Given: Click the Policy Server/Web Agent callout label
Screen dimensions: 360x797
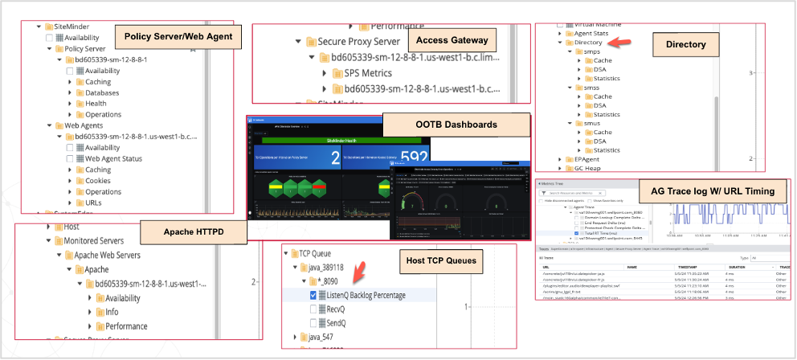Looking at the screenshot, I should click(x=178, y=37).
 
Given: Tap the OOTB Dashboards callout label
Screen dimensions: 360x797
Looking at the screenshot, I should click(x=456, y=125).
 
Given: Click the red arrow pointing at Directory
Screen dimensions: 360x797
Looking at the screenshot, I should click(x=617, y=43).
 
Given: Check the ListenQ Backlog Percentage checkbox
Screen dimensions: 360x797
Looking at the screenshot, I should click(x=314, y=295).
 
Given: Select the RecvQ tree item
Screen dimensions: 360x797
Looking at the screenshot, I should click(x=337, y=309).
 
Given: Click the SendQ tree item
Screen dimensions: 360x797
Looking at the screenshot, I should click(x=338, y=322).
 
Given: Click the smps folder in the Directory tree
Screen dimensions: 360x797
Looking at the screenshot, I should click(x=592, y=51).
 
